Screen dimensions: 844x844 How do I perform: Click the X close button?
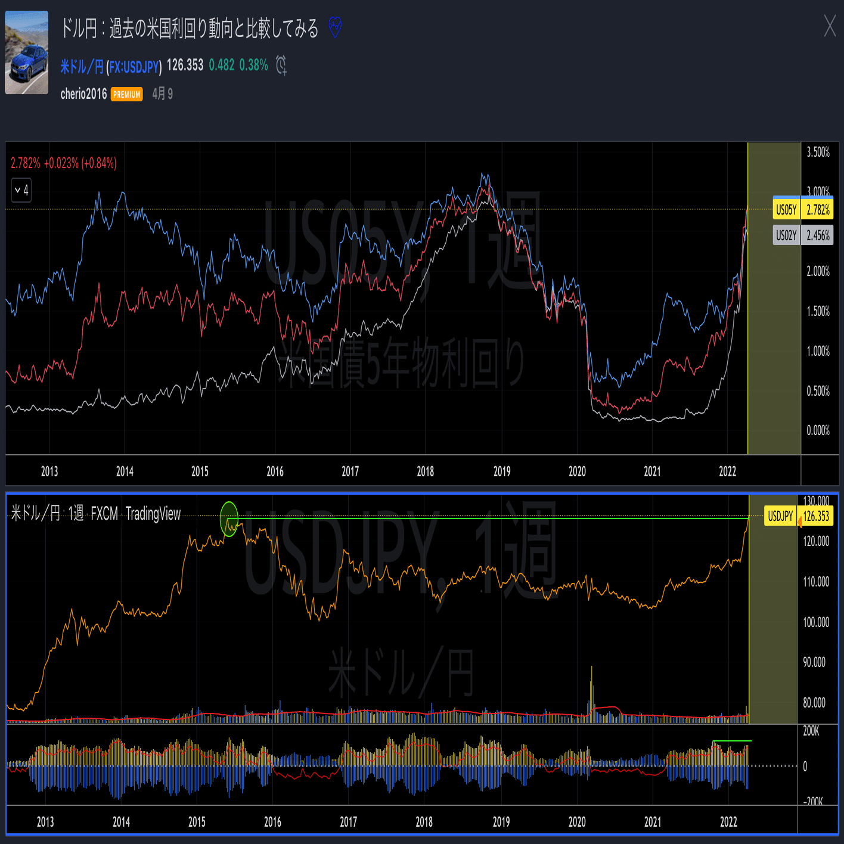coord(830,26)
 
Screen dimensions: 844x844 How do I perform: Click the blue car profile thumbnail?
coord(27,52)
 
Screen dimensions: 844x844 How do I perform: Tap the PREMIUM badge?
coord(127,94)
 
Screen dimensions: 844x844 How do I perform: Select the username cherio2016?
coord(83,94)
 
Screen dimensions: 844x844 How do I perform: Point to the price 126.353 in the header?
coord(185,65)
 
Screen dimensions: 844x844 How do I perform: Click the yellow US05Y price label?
coord(802,209)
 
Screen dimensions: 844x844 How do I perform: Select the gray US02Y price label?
coord(802,235)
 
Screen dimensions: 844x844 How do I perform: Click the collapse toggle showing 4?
coord(21,190)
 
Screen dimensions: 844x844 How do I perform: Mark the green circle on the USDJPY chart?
coord(229,519)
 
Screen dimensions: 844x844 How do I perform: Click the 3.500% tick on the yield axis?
coord(818,152)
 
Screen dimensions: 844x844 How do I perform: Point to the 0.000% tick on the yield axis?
coord(818,430)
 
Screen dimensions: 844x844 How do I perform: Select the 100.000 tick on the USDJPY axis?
coord(816,622)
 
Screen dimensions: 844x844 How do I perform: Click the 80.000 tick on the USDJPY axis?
coord(814,703)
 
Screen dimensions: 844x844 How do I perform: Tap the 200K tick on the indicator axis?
coord(811,731)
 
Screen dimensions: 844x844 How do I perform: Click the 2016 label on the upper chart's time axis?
coord(275,471)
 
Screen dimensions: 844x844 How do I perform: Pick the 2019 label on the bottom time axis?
coord(501,822)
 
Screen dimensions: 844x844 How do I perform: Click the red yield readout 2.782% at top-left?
coord(26,163)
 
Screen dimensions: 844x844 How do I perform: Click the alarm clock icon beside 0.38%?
coord(281,65)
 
